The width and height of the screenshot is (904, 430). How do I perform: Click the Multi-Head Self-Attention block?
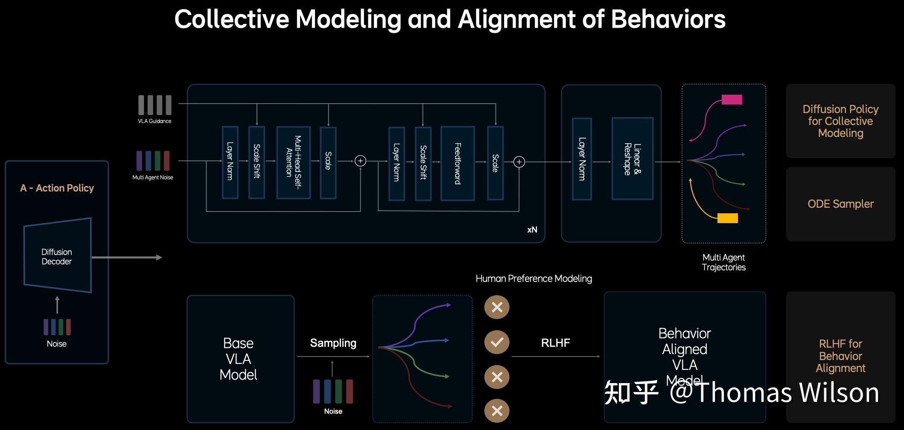pyautogui.click(x=293, y=162)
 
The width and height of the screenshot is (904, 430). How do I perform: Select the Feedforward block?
pyautogui.click(x=458, y=163)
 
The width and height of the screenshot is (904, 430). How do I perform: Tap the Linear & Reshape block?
pyautogui.click(x=632, y=159)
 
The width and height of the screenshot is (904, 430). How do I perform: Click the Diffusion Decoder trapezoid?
pyautogui.click(x=57, y=256)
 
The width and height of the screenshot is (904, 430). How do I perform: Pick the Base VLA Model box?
pyautogui.click(x=240, y=359)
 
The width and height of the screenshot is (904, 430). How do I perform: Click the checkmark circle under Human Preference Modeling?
pyautogui.click(x=497, y=342)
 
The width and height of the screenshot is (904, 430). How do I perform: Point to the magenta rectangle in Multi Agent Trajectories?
pyautogui.click(x=732, y=100)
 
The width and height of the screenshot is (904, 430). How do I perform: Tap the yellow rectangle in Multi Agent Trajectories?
pyautogui.click(x=727, y=218)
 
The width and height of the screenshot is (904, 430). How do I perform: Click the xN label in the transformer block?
pyautogui.click(x=532, y=230)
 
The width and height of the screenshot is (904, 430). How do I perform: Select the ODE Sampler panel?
pyautogui.click(x=840, y=204)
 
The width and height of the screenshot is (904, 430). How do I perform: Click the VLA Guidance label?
pyautogui.click(x=155, y=121)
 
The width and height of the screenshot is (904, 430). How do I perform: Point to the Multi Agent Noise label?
pyautogui.click(x=153, y=177)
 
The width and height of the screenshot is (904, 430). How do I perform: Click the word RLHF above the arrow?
pyautogui.click(x=555, y=343)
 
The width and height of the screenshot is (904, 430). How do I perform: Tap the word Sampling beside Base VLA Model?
pyautogui.click(x=333, y=343)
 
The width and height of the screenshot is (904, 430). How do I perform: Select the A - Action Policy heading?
pyautogui.click(x=57, y=188)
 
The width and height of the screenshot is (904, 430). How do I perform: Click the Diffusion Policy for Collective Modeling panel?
pyautogui.click(x=840, y=121)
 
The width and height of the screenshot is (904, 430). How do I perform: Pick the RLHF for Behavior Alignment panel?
pyautogui.click(x=840, y=356)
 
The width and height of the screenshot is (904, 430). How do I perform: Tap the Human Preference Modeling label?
pyautogui.click(x=534, y=279)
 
